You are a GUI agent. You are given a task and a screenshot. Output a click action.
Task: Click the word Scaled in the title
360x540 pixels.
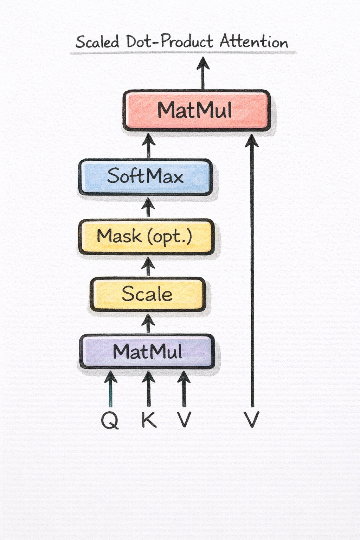[x=97, y=42]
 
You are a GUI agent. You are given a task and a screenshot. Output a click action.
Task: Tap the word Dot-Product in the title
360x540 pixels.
[x=169, y=42]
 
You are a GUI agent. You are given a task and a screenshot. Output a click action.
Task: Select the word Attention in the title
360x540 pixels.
[x=254, y=42]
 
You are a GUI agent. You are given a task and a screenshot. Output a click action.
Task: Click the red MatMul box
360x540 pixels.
[x=197, y=110]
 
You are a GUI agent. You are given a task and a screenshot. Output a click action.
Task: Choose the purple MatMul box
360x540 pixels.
[x=147, y=352]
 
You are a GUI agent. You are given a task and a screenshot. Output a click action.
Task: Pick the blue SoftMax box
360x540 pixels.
[x=145, y=176]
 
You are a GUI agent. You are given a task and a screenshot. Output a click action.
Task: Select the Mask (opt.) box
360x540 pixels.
[x=146, y=236]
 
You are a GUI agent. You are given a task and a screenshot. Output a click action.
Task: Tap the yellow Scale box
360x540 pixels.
[x=148, y=294]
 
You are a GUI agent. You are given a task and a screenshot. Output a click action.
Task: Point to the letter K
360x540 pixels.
[x=149, y=419]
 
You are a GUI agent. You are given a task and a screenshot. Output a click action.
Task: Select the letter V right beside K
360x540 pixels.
[x=184, y=419]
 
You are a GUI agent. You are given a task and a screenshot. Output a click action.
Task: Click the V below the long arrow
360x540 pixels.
[x=252, y=419]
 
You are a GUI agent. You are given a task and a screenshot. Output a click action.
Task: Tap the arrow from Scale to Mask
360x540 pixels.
[x=148, y=266]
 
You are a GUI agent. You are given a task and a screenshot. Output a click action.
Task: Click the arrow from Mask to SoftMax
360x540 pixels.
[x=148, y=207]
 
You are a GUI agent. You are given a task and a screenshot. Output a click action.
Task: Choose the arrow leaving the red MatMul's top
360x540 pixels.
[x=203, y=73]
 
